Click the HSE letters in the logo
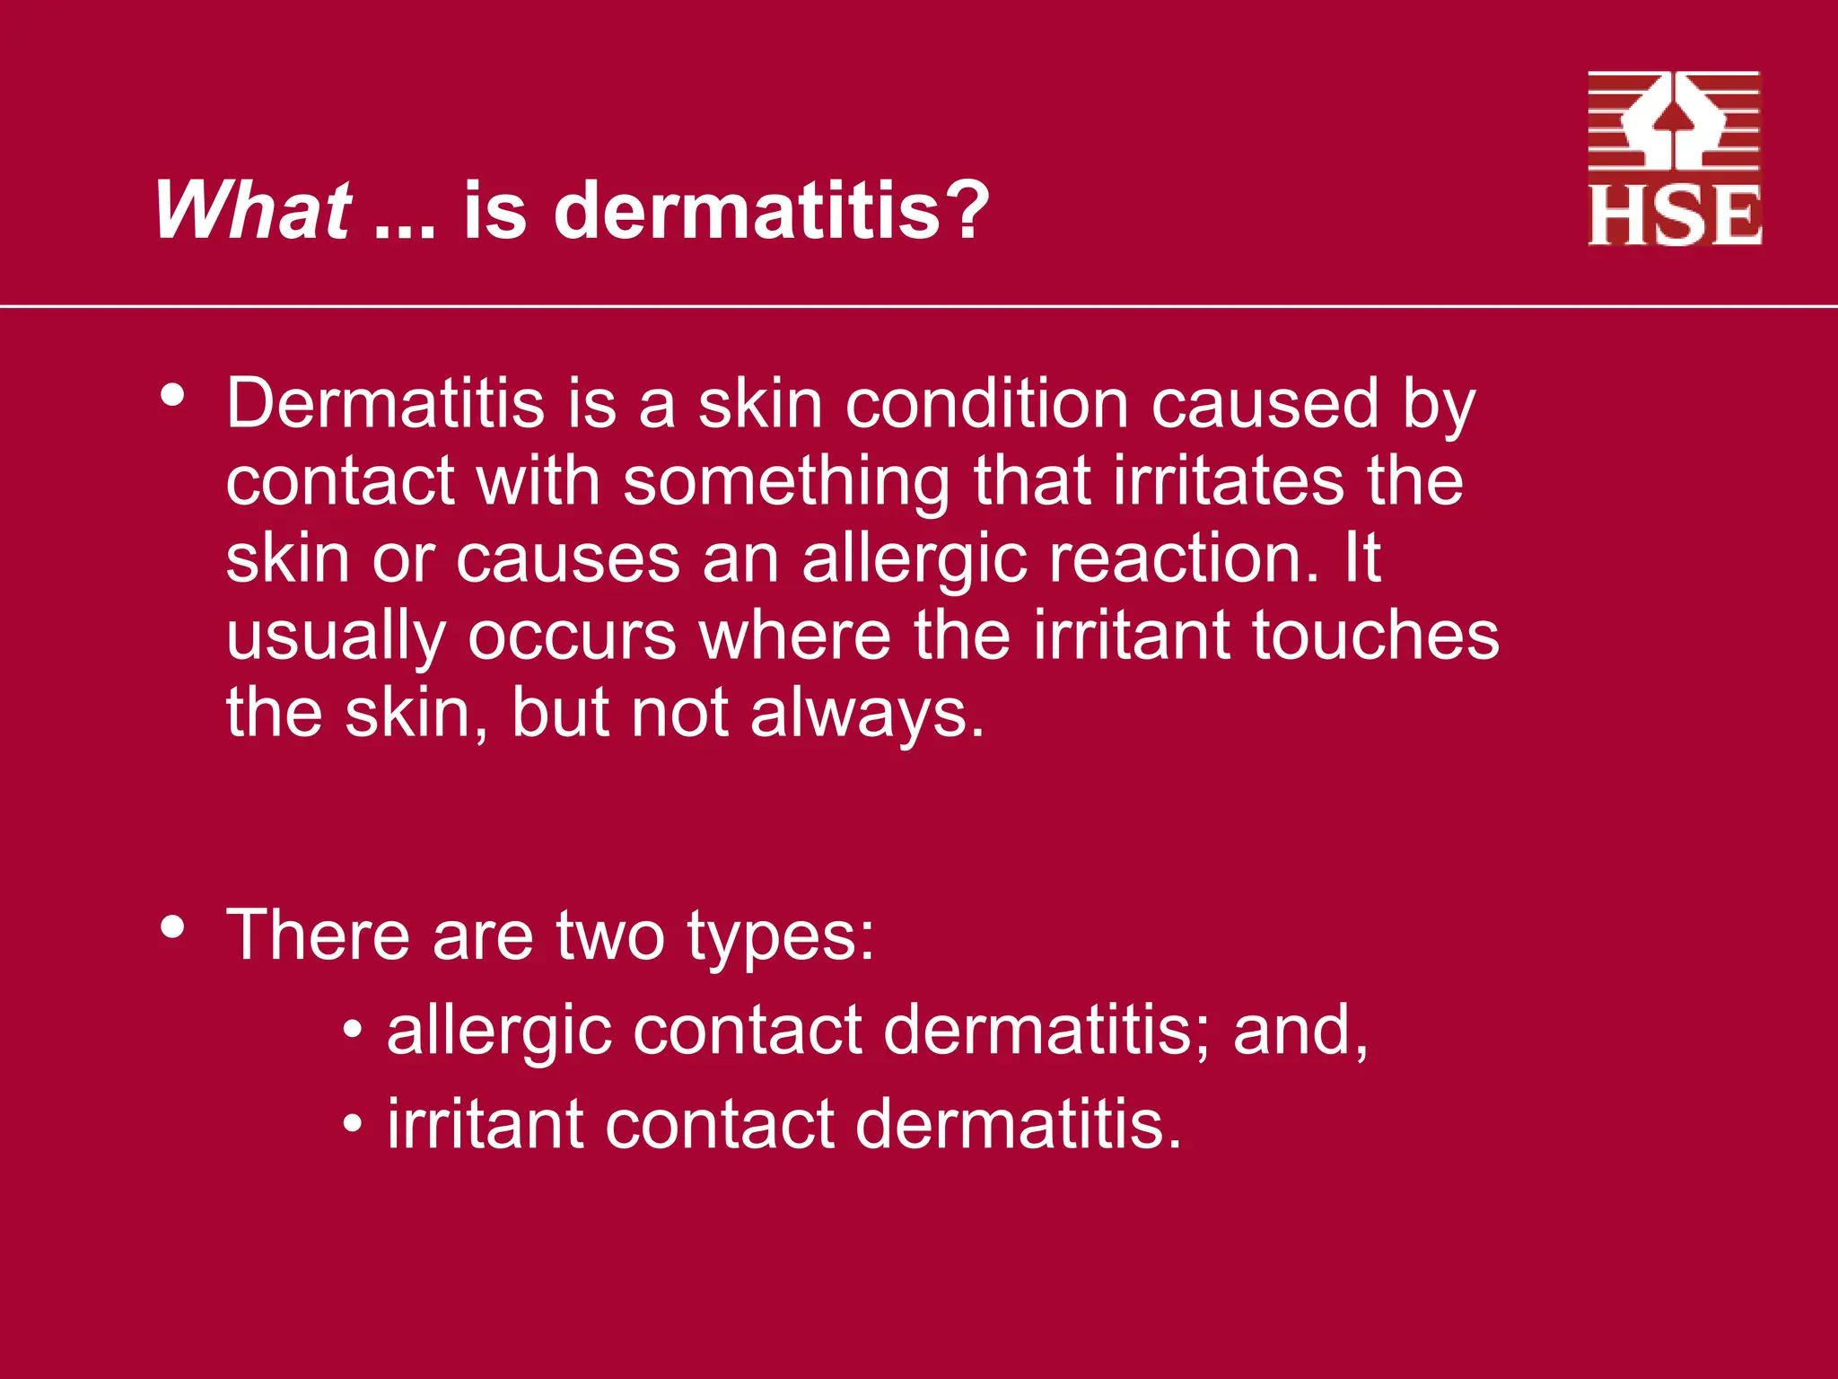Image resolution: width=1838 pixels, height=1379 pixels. (x=1675, y=215)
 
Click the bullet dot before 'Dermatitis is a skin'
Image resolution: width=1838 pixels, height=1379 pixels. (x=172, y=395)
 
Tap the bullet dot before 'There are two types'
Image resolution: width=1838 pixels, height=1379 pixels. (x=172, y=926)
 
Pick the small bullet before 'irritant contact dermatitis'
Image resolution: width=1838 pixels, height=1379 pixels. (x=353, y=1123)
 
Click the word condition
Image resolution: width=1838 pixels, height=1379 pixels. (x=986, y=404)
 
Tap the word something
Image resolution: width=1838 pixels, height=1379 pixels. (x=786, y=482)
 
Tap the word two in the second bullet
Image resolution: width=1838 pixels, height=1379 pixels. (x=610, y=935)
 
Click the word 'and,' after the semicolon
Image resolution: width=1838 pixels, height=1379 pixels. (x=1300, y=1031)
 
